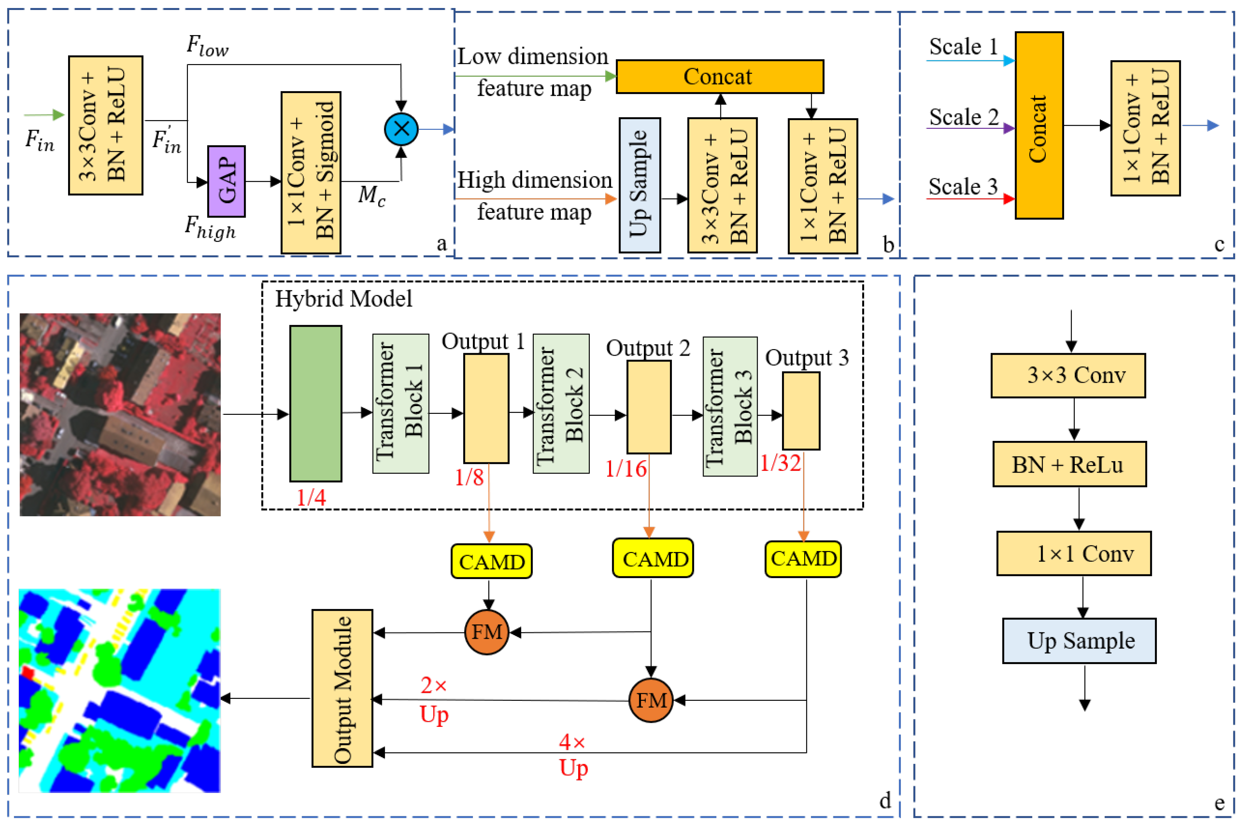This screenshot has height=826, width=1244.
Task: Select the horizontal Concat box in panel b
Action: pos(719,76)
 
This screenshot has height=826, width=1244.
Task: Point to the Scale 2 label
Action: pos(963,117)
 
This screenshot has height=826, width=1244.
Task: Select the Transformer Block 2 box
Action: pos(561,403)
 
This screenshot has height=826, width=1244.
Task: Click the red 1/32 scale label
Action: pos(780,463)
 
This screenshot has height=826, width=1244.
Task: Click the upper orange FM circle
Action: pos(486,632)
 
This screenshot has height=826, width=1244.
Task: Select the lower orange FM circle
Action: pos(651,700)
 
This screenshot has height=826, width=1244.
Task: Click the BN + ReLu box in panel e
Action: pos(1069,464)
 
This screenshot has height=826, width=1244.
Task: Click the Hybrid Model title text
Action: pos(343,299)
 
